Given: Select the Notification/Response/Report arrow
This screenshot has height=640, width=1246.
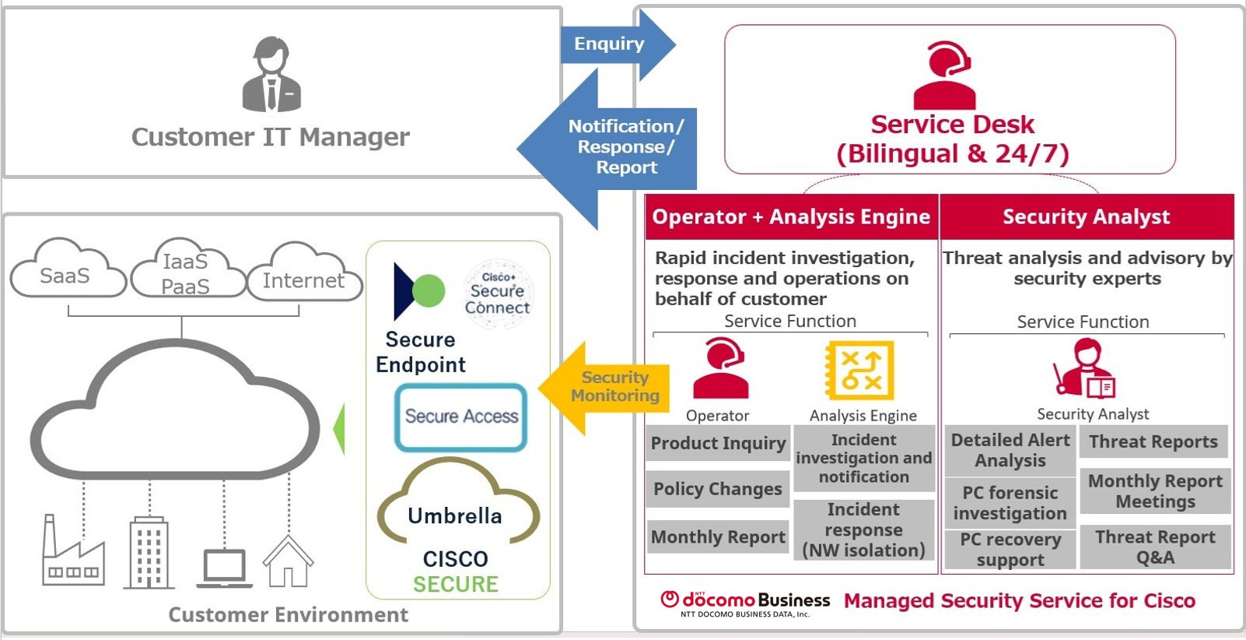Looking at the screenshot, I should click(x=614, y=147).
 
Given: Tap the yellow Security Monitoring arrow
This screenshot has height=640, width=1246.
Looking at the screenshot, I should click(x=607, y=387).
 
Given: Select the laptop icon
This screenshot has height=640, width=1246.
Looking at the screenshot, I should click(x=225, y=568).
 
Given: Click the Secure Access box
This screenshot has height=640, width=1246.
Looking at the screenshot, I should click(x=461, y=417).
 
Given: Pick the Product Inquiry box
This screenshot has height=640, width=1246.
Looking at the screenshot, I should click(x=718, y=443).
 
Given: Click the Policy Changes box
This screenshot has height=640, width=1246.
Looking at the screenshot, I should click(x=718, y=489).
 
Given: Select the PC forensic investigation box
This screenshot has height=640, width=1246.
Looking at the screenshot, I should click(x=1010, y=503).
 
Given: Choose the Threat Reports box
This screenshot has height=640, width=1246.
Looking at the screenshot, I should click(x=1153, y=441).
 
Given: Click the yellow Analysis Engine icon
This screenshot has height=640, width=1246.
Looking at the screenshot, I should click(x=860, y=370).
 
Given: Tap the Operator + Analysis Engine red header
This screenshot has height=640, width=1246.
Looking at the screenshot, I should click(x=791, y=216).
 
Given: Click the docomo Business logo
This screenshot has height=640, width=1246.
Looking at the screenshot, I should click(x=745, y=602).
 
